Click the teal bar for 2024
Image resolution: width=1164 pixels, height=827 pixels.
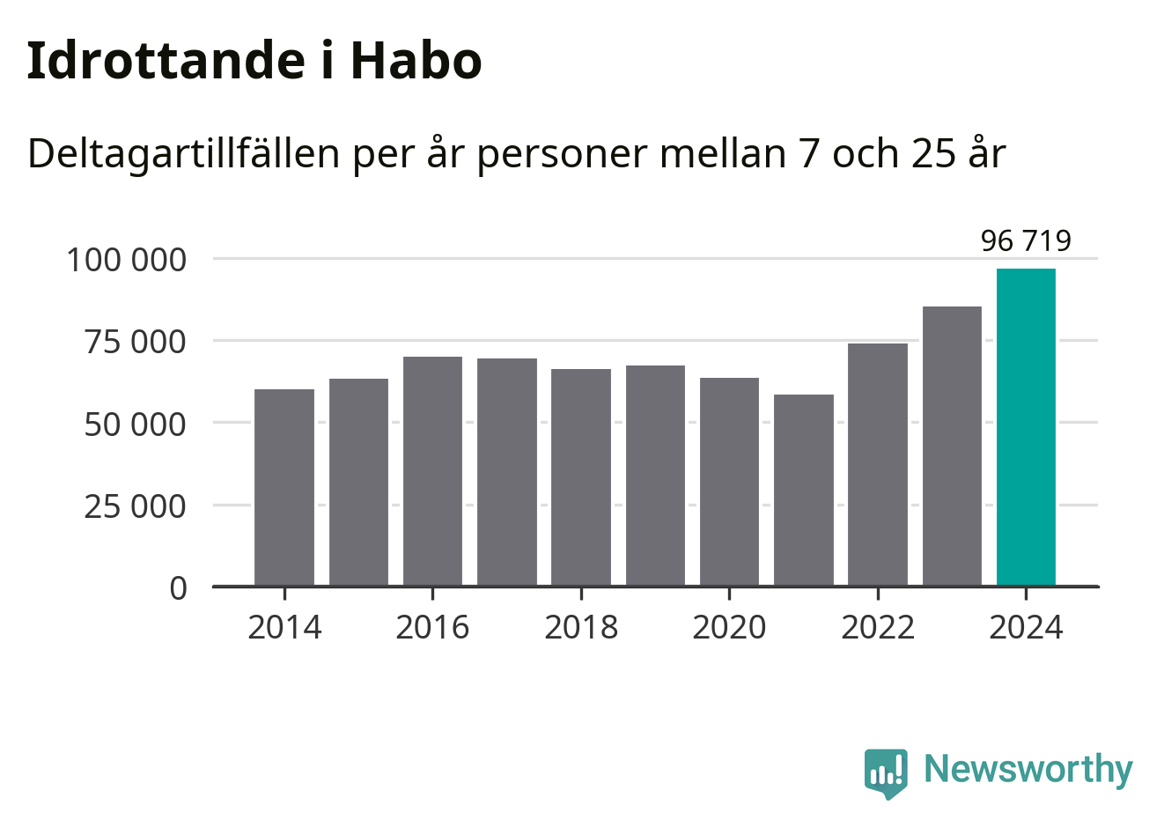pos(1026,427)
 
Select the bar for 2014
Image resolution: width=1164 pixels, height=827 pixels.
pos(284,487)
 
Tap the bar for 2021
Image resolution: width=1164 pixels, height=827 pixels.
pos(804,490)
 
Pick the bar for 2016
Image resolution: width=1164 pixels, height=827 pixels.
pos(432,471)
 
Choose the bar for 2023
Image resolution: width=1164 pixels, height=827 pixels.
pos(952,446)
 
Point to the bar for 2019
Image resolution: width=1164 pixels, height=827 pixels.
pos(655,476)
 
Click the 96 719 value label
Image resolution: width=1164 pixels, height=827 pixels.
pos(1026,240)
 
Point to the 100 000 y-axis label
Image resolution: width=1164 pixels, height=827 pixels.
pos(127,260)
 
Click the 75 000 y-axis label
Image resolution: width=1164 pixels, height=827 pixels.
pos(136,342)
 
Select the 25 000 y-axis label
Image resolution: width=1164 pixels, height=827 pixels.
pos(136,506)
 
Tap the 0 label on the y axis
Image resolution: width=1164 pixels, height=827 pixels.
pos(179,587)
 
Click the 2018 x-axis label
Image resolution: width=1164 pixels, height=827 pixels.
pos(581,627)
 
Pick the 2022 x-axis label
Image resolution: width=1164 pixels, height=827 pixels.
pos(878,627)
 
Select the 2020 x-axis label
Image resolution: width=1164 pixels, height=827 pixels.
pos(729,627)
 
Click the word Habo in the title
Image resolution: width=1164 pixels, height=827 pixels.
pos(416,61)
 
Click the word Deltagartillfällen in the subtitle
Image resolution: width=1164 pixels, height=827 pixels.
pos(183,154)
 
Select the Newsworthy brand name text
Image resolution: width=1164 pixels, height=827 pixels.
pos(1028,770)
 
